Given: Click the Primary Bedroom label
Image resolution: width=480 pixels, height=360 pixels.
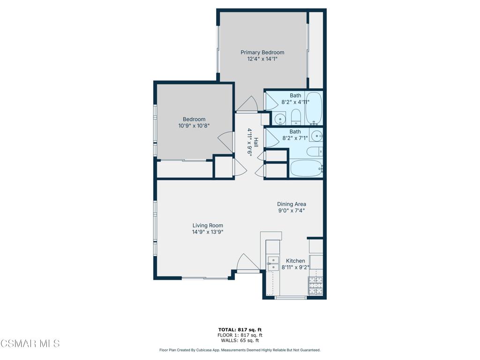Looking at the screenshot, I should coord(262,52).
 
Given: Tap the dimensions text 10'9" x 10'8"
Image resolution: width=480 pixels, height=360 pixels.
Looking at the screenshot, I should coord(194,126).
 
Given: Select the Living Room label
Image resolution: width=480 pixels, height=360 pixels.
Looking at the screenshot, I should coord(208,225).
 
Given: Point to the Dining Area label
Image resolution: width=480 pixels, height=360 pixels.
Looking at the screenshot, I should coord(292,204).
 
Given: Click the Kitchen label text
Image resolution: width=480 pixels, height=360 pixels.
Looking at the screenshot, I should coord(295,261).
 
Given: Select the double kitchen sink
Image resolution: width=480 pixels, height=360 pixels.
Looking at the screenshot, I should coord(272,263).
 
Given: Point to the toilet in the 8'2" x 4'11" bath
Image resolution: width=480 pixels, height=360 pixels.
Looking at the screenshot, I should coord(296,116).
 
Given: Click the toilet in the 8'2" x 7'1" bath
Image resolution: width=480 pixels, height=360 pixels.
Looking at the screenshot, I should coord(314,151).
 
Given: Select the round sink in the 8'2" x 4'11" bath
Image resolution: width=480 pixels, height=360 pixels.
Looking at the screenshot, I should coord(280,119).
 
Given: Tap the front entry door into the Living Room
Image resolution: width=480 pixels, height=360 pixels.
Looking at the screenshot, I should coord(247,262).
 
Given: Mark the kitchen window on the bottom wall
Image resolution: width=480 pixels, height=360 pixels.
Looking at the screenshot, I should coord(291,297).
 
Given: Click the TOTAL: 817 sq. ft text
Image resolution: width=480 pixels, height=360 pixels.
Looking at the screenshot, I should coord(240,330).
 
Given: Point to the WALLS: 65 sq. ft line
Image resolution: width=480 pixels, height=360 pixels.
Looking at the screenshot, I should coord(240,341).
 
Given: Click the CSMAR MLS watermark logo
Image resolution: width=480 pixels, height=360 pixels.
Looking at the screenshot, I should coord(30,344).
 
